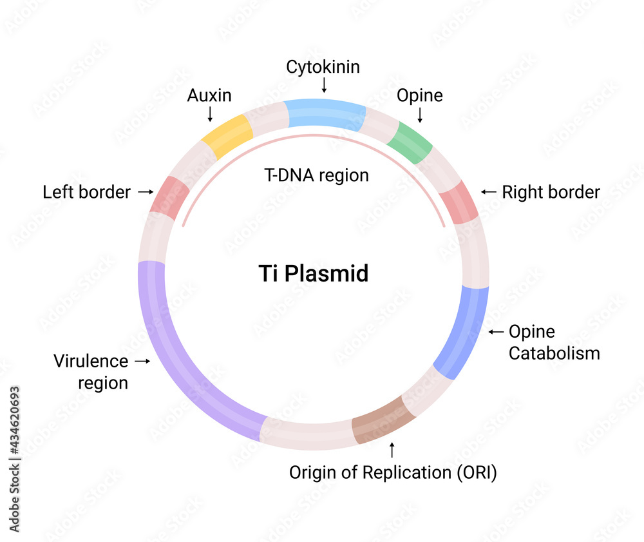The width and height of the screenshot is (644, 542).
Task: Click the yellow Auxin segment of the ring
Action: pos(227,137)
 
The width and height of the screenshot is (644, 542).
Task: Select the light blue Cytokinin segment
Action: pos(325,114)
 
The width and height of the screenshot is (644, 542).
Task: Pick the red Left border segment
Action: pos(169,195)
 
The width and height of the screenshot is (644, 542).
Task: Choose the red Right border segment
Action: pos(463,202)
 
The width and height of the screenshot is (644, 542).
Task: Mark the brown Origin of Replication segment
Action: pos(383,420)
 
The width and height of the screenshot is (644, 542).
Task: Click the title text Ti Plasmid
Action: pos(313,273)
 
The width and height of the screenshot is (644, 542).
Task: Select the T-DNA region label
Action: pos(317,175)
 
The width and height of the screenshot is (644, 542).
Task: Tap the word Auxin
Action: pos(209,96)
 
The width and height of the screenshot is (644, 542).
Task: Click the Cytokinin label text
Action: pos(323,66)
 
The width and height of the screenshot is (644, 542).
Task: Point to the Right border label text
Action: pos(551,192)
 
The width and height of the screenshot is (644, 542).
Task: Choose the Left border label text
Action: pos(86,192)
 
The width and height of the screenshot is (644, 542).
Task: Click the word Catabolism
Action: pos(554,353)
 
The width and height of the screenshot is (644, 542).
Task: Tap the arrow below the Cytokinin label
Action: pos(324,85)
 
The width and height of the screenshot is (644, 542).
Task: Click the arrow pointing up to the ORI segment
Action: pos(392,449)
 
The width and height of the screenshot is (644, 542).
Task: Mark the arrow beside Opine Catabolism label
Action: pos(495,332)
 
